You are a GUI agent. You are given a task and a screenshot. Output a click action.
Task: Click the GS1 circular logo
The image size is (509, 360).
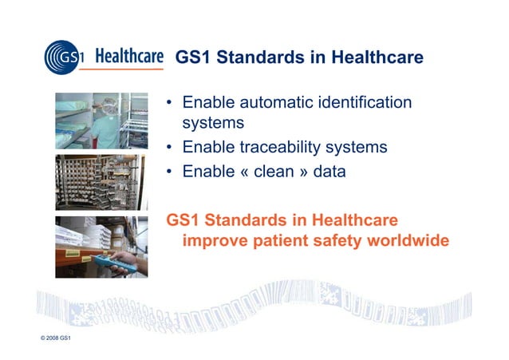[x=65, y=57]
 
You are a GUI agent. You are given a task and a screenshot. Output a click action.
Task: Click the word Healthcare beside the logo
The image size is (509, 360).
[x=129, y=57]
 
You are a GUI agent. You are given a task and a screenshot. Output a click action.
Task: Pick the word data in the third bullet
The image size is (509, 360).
[x=329, y=171]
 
